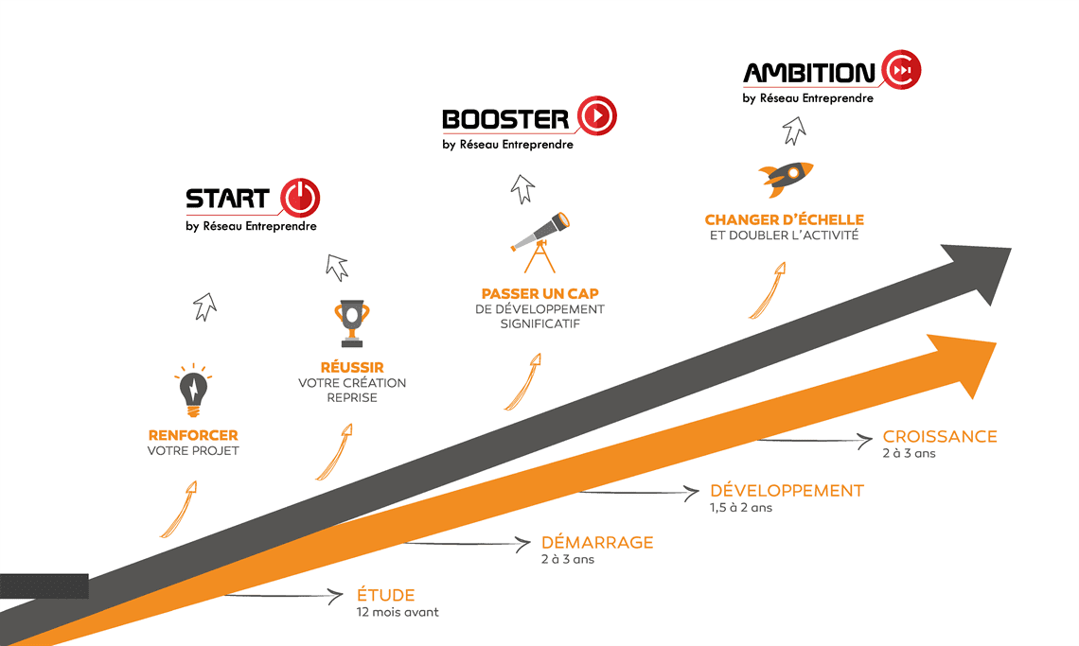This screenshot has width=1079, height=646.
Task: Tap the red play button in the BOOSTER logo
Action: tap(596, 116)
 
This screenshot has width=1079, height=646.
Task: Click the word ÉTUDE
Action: tap(385, 595)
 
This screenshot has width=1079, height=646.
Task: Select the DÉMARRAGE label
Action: tap(597, 542)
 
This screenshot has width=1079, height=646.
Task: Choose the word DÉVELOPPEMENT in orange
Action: tap(787, 490)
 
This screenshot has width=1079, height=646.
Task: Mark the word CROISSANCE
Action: tap(940, 436)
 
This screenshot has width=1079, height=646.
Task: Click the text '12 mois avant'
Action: tap(398, 612)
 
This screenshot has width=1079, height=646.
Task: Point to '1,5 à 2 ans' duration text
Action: tap(741, 507)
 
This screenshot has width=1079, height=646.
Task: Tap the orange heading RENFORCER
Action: tap(193, 435)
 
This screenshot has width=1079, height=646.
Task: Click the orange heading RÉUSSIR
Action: tap(352, 367)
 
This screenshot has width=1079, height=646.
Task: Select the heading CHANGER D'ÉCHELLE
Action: tap(784, 220)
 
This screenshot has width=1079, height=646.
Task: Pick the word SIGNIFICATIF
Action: tap(539, 324)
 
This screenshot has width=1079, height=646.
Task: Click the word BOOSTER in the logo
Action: tap(504, 118)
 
